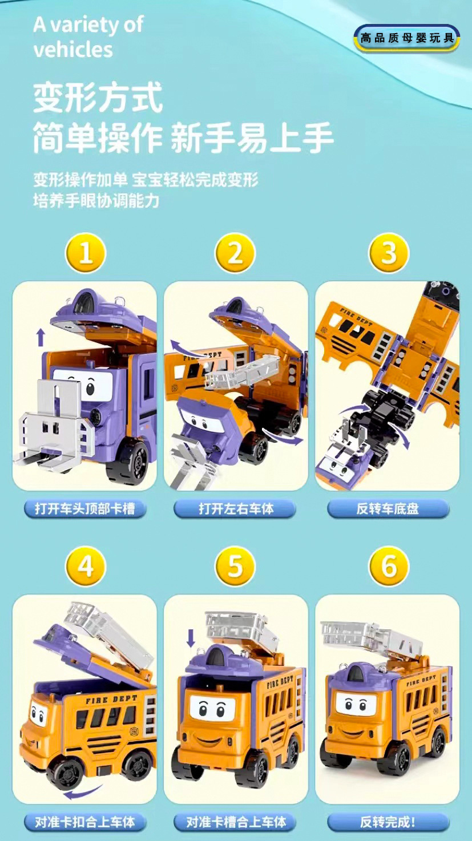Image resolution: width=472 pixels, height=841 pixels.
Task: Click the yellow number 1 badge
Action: click(x=86, y=253)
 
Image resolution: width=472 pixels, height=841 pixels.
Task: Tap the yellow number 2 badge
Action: click(x=235, y=253)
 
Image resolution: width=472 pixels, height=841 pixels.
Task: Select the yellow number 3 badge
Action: click(x=389, y=253)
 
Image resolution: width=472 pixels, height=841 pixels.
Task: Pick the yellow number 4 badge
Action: click(x=86, y=566)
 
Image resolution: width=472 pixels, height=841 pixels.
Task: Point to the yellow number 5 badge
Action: click(x=235, y=566)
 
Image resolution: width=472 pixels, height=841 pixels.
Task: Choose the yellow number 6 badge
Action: click(x=389, y=566)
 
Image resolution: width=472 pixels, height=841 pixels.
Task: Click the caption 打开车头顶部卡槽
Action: click(x=85, y=509)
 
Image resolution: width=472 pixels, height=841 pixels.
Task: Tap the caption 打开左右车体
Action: click(x=235, y=509)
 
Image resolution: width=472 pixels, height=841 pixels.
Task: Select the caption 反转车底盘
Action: click(x=388, y=509)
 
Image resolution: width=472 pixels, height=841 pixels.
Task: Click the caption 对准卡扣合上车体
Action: click(x=85, y=822)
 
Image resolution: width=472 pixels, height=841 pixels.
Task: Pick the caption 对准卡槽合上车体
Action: click(x=235, y=822)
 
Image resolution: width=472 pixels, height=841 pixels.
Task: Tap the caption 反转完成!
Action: click(x=388, y=822)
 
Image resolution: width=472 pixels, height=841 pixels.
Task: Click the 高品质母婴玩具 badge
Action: click(x=407, y=38)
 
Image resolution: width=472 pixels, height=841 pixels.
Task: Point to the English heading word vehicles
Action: click(x=73, y=50)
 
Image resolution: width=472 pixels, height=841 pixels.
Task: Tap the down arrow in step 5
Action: click(x=191, y=638)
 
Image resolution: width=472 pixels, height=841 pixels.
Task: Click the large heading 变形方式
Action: click(x=98, y=97)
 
